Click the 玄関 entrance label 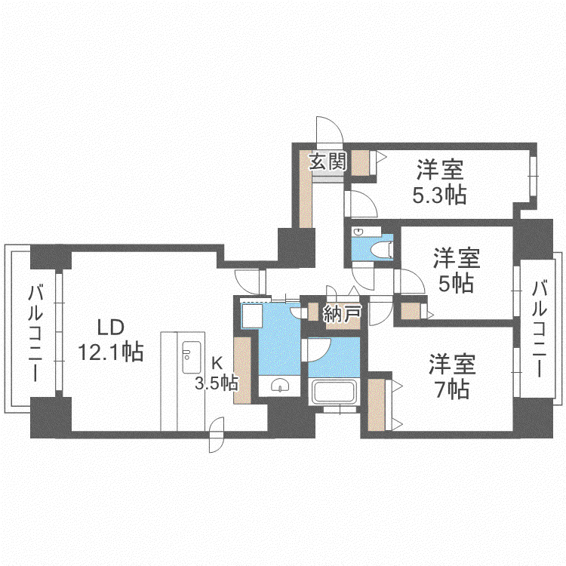click(328, 161)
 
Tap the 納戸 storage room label click(342, 313)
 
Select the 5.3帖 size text click(439, 195)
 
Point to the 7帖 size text click(452, 389)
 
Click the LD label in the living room click(111, 327)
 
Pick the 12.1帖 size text click(111, 352)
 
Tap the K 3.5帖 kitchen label click(217, 374)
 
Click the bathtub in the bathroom click(334, 392)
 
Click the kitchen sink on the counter click(191, 357)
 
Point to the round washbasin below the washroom click(280, 385)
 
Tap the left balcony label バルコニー click(35, 333)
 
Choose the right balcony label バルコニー click(540, 329)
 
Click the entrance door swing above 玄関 click(329, 130)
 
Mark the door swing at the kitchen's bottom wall click(217, 435)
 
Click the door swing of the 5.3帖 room click(361, 204)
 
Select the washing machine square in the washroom click(251, 316)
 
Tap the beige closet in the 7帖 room click(376, 405)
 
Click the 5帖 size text click(456, 283)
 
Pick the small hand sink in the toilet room click(358, 232)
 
